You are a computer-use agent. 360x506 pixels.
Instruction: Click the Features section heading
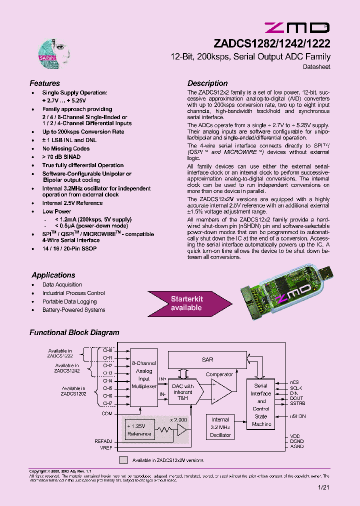click(x=44, y=83)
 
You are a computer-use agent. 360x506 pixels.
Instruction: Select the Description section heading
click(x=207, y=83)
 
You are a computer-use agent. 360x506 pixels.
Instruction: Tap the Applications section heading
click(x=53, y=275)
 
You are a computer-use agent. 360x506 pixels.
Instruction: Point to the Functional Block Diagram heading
click(x=74, y=332)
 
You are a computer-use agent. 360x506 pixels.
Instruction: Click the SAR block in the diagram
click(x=207, y=359)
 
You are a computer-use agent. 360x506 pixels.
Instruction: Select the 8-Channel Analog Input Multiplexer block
click(x=144, y=378)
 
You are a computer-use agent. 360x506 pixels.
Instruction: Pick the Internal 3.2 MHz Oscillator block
click(x=220, y=427)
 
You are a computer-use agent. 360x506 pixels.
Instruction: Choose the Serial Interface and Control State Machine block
click(x=261, y=405)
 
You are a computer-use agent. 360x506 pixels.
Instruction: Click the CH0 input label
click(x=107, y=350)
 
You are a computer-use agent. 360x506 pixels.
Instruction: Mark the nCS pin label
click(x=294, y=381)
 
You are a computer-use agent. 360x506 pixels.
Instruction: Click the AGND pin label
click(x=296, y=447)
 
